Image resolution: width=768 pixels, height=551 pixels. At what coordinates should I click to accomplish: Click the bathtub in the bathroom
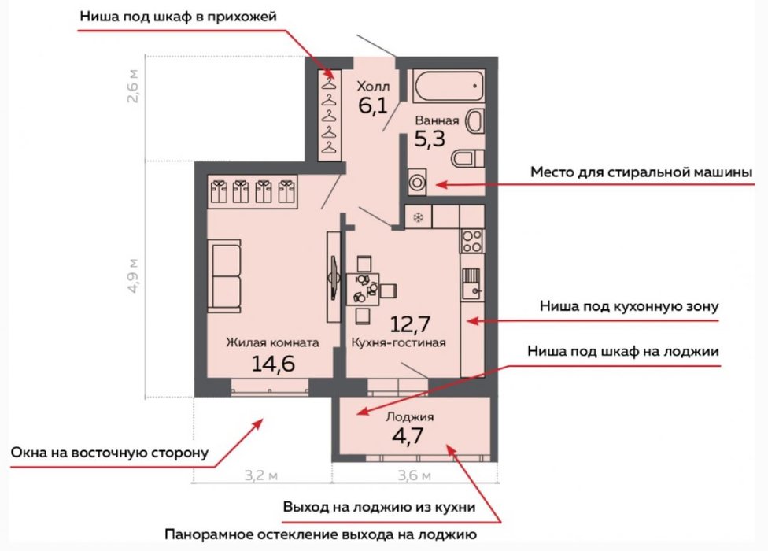click(449, 87)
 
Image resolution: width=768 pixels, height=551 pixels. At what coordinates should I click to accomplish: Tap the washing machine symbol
click(417, 183)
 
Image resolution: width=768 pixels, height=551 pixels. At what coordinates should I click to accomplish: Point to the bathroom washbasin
click(475, 121)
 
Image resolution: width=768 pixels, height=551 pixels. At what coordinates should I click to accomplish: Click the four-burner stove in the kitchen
click(472, 242)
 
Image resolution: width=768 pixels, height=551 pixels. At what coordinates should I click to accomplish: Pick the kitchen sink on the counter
click(472, 284)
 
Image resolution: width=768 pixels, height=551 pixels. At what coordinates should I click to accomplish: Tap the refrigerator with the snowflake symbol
click(419, 217)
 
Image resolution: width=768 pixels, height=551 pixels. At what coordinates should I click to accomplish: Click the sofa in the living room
click(224, 275)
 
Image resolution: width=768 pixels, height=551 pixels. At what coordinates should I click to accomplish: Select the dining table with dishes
click(363, 290)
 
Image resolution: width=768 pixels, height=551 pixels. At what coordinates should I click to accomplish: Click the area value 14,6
click(273, 364)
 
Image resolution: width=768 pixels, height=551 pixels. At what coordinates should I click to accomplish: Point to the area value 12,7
click(410, 324)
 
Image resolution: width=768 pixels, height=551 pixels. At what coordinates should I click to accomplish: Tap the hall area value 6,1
click(373, 105)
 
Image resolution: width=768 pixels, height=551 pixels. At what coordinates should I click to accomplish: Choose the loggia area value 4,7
click(408, 435)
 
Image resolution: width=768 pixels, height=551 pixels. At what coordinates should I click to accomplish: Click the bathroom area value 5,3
click(430, 139)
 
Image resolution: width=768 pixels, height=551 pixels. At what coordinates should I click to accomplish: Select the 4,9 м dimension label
click(133, 275)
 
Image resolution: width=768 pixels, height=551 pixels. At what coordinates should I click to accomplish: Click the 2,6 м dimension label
click(133, 87)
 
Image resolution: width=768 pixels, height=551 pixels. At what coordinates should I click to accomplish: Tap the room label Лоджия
click(409, 417)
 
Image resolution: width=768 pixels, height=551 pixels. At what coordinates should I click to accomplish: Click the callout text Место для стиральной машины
click(641, 172)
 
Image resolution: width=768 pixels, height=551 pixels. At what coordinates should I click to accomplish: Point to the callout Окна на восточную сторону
click(109, 453)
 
